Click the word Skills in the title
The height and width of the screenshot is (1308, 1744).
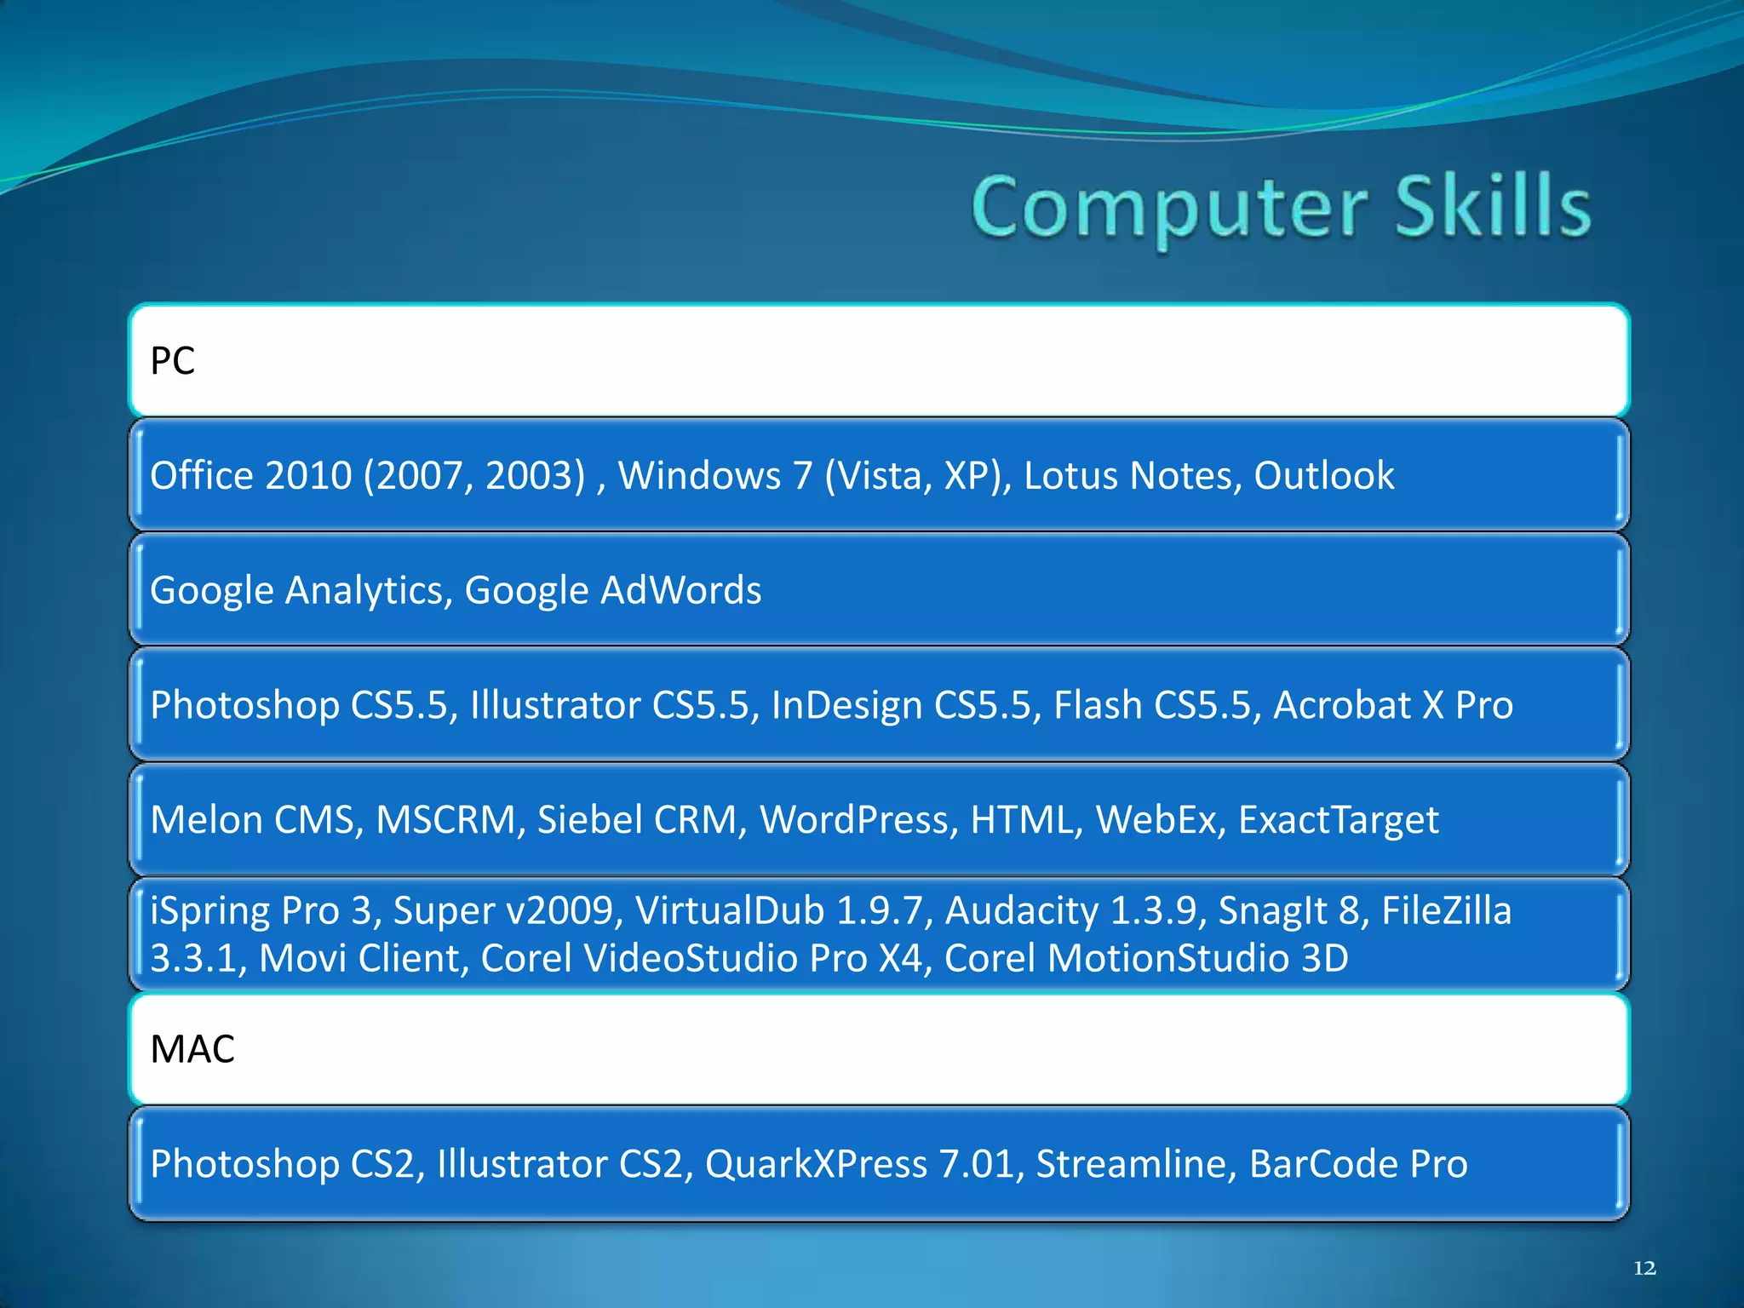click(1492, 207)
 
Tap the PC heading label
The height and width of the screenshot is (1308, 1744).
click(173, 361)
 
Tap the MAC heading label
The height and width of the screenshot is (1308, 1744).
click(192, 1049)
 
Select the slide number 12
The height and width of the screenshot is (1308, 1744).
click(1644, 1268)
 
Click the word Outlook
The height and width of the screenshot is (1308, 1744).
click(1323, 475)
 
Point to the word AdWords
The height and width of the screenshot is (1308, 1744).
click(680, 590)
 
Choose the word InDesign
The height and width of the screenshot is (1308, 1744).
click(846, 706)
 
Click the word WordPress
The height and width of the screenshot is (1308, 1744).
click(853, 820)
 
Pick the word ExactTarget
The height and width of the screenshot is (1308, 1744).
click(1338, 820)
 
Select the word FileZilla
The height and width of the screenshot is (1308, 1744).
click(1446, 910)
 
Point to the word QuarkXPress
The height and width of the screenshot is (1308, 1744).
click(816, 1164)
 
